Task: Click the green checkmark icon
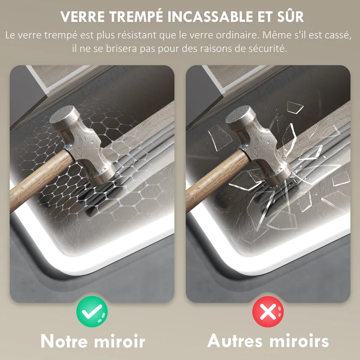pyautogui.click(x=92, y=311)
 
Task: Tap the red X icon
pyautogui.click(x=268, y=311)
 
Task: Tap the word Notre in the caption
pyautogui.click(x=64, y=341)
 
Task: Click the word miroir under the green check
pyautogui.click(x=120, y=341)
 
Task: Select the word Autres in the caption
pyautogui.click(x=234, y=341)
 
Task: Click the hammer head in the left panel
pyautogui.click(x=83, y=144)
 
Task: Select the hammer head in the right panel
pyautogui.click(x=259, y=144)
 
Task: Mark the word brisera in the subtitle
pyautogui.click(x=121, y=49)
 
